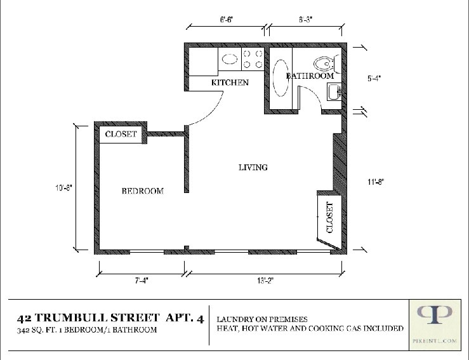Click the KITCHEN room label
[x=230, y=83]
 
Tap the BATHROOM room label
[x=310, y=76]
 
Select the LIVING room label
[x=253, y=167]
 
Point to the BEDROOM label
[x=143, y=191]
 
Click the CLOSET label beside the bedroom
[x=121, y=134]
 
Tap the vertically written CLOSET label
[x=329, y=218]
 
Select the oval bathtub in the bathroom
[x=281, y=78]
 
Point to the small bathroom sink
[x=334, y=92]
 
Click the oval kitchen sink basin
[x=230, y=59]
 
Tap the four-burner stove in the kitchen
[x=253, y=59]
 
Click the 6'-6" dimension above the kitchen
[x=227, y=20]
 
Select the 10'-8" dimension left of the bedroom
[x=63, y=188]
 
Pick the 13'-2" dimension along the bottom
[x=265, y=281]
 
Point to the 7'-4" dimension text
[x=142, y=281]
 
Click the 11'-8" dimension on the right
[x=376, y=182]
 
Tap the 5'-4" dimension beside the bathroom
[x=374, y=78]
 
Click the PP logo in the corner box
[x=435, y=314]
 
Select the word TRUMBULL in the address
[x=71, y=317]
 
